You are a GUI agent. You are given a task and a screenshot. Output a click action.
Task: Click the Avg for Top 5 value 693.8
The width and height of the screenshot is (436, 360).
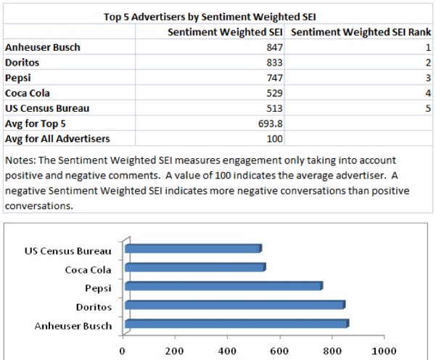[270, 123]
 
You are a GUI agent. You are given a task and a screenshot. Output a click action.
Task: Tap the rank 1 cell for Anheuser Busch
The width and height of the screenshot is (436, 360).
[428, 48]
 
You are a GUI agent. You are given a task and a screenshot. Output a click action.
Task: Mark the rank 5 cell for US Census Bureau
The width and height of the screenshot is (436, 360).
[428, 108]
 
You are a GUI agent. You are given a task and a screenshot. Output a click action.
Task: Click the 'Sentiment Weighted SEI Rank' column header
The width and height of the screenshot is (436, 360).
[360, 33]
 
